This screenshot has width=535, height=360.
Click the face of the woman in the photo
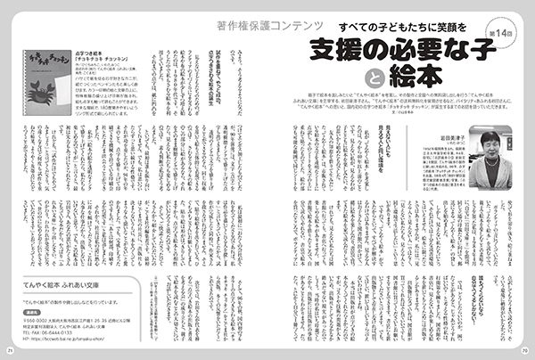[490, 142]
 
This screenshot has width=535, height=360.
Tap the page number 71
[10, 351]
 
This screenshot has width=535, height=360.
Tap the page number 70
[524, 351]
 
